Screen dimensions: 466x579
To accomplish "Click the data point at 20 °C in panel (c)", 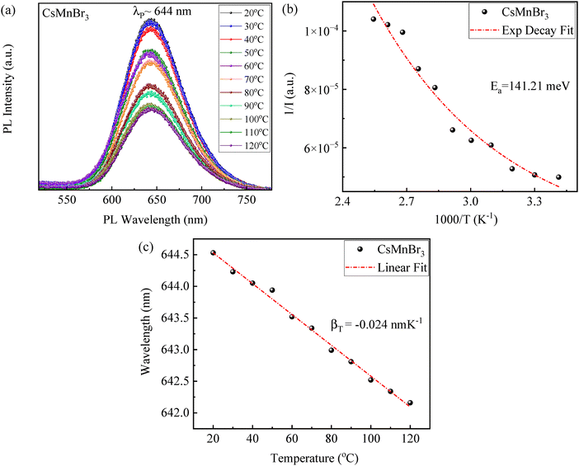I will [x=213, y=253].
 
